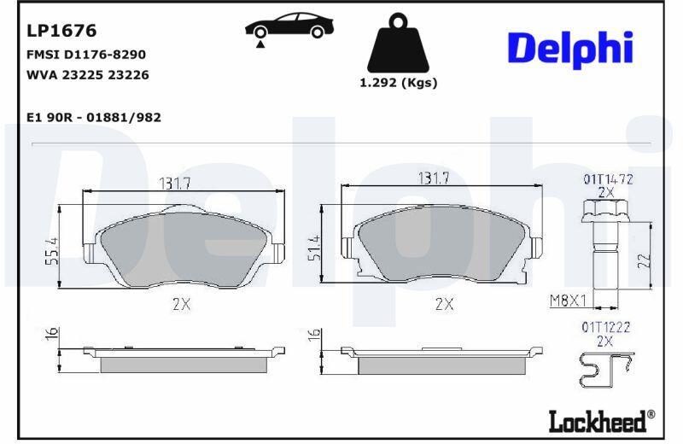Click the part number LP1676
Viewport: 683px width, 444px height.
click(61, 31)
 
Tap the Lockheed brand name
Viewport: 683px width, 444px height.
click(597, 421)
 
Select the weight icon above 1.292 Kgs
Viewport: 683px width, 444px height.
click(398, 44)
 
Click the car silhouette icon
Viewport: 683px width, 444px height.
click(289, 26)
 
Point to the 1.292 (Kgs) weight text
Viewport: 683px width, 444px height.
click(398, 82)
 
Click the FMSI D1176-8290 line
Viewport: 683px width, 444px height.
click(86, 55)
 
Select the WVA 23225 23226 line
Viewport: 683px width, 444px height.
click(88, 75)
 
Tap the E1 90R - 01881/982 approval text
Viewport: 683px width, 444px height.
click(94, 118)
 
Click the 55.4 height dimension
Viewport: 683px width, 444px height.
click(52, 251)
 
